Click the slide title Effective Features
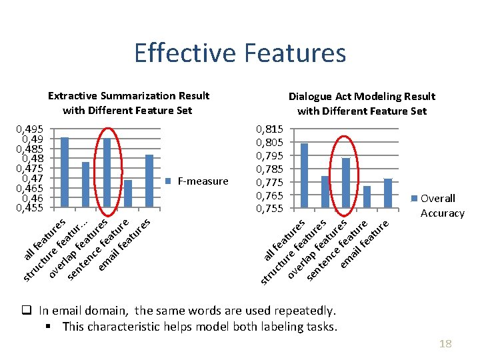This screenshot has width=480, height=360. tap(240, 53)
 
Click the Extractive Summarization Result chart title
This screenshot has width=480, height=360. tap(128, 103)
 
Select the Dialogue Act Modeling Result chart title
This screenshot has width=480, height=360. tap(361, 103)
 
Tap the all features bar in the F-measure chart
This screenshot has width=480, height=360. tap(65, 172)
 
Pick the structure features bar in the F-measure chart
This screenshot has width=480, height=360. tap(85, 185)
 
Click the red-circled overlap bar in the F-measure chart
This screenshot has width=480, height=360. tap(107, 173)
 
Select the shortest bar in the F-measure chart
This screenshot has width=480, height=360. tap(128, 193)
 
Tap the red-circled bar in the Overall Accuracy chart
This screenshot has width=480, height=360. tap(346, 183)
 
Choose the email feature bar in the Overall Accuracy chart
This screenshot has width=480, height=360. tap(388, 193)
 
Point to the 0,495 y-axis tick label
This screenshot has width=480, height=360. tap(31, 129)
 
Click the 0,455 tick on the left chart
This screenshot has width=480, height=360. tap(31, 208)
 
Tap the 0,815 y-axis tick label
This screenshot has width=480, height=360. tap(270, 129)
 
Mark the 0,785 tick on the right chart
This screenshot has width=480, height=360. tap(270, 169)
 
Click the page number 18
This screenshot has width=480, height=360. tap(445, 343)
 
